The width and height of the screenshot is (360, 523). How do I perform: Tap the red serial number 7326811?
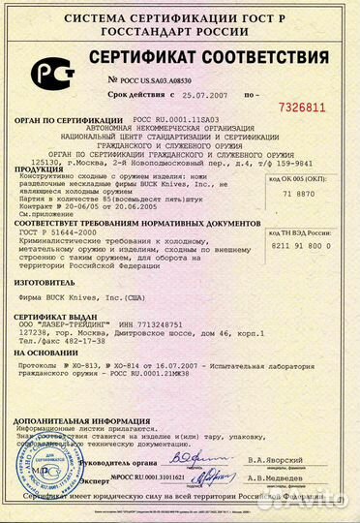click(310, 107)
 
